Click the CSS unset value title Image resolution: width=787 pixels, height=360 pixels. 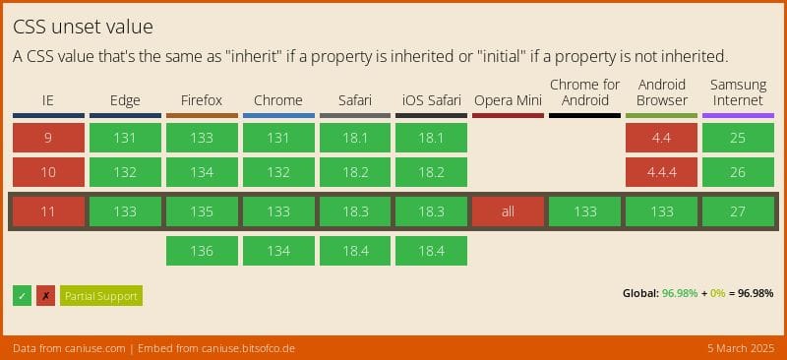83,27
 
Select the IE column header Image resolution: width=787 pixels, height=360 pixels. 48,100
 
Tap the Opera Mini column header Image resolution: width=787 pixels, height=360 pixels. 508,100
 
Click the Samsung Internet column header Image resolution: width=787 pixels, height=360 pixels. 738,92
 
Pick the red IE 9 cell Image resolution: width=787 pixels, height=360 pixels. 48,138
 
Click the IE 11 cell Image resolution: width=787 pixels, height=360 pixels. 48,211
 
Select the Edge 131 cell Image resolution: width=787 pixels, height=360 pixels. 125,138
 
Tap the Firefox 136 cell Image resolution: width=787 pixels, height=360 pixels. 202,251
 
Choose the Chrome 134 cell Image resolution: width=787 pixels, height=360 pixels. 278,251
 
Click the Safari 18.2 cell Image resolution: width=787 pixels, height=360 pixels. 354,173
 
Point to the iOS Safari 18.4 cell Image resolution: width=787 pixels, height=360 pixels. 431,251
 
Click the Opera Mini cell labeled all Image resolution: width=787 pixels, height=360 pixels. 508,211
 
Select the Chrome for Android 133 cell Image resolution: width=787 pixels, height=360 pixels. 584,211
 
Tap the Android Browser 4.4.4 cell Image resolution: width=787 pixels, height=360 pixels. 661,173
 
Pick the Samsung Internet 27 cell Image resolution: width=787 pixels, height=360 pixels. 738,211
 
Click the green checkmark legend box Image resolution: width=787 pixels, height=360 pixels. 22,296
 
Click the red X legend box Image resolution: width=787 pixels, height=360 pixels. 45,296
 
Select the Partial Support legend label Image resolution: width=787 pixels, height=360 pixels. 100,296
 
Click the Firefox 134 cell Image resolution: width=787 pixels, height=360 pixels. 202,173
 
